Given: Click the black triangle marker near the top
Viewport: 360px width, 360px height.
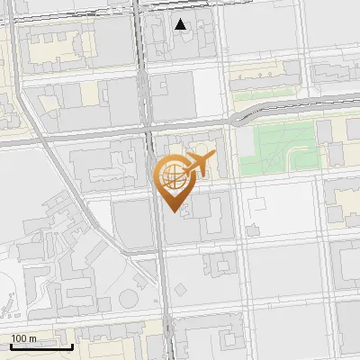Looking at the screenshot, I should tap(181, 24).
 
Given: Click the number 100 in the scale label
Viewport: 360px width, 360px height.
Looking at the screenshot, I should tap(18, 338).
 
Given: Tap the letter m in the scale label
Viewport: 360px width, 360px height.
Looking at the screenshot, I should tap(32, 338).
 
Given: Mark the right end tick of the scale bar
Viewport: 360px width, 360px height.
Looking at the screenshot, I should tap(73, 346).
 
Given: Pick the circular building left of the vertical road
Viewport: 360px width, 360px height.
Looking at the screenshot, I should tap(130, 298).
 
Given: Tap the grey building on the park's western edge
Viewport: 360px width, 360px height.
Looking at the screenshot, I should tap(244, 139).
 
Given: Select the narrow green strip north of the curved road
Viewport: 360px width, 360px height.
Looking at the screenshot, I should tap(265, 94).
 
